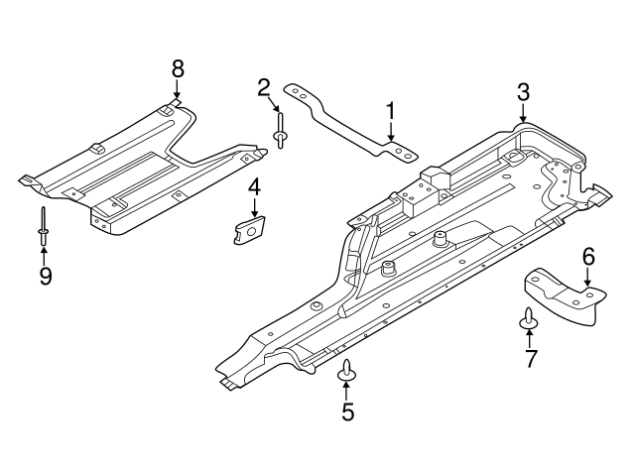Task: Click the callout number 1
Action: click(391, 109)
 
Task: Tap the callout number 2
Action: click(265, 88)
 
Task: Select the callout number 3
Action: click(523, 92)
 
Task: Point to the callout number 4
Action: click(254, 185)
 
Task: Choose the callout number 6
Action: click(588, 257)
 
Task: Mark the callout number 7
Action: click(530, 358)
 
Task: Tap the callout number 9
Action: click(45, 276)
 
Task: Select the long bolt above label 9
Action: click(45, 226)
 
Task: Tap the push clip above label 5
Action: click(347, 370)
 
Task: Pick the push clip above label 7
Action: click(530, 318)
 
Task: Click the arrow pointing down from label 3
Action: click(523, 115)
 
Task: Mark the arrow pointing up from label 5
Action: click(347, 390)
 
